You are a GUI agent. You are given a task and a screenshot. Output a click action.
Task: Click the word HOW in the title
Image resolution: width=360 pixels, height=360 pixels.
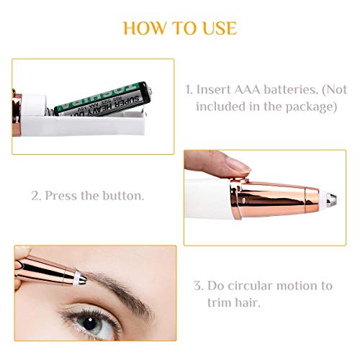(141, 28)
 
